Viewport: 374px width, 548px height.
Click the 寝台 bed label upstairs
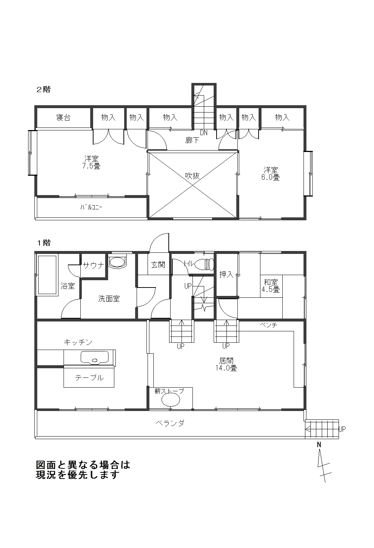coord(63,117)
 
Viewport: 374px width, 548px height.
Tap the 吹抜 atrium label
coord(192,176)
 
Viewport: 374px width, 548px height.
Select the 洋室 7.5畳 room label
coord(91,162)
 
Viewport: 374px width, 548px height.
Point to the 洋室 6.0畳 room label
coord(271,174)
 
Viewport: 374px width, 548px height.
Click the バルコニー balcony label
coord(91,208)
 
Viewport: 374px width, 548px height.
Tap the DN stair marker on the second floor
coord(203,133)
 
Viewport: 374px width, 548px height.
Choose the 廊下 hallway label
coord(192,140)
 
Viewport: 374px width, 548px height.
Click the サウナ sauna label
coord(93,265)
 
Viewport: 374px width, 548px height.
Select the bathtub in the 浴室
coord(47,275)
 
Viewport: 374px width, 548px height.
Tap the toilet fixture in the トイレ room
coord(204,264)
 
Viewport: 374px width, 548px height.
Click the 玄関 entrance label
coord(158,265)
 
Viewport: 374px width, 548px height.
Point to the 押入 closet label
coord(226,274)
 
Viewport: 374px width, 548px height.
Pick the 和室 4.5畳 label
coord(271,286)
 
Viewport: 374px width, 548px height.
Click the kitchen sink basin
coord(95,358)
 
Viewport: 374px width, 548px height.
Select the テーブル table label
coord(89,378)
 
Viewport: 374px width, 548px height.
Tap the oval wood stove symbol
coord(171,400)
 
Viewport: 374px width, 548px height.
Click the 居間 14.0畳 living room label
coord(226,364)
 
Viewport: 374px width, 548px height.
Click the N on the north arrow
coord(319,445)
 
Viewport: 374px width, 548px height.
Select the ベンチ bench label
coord(268,325)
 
